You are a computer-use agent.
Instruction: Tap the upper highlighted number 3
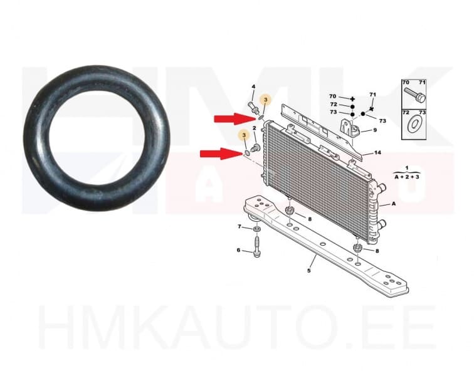(x=265, y=100)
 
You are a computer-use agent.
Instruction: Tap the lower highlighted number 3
(x=243, y=135)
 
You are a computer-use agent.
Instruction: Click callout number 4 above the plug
(x=253, y=86)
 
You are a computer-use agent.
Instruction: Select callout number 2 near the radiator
(x=255, y=128)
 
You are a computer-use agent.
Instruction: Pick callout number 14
(x=377, y=153)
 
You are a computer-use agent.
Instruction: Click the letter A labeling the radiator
(x=393, y=204)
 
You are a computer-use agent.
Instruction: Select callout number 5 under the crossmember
(x=308, y=271)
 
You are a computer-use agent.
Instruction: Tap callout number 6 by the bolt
(x=238, y=251)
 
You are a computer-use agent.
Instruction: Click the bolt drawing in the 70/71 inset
(x=415, y=96)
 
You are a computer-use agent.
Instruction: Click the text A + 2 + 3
(x=406, y=177)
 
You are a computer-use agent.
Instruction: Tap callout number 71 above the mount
(x=372, y=95)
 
